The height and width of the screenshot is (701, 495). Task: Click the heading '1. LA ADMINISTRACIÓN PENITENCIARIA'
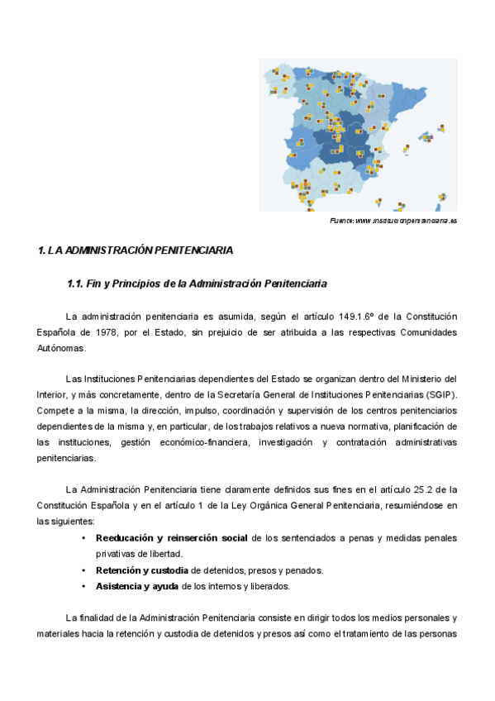[136, 250]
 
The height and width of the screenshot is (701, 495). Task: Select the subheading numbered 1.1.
[197, 284]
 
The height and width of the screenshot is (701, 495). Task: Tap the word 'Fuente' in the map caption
[341, 222]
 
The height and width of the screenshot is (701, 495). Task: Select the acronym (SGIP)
[435, 394]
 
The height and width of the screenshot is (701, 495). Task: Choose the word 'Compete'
[55, 410]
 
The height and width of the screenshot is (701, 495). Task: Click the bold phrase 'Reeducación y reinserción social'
[171, 538]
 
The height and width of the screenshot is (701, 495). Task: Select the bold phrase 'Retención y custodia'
[142, 570]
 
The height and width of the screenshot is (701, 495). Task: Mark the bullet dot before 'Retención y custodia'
[84, 570]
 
